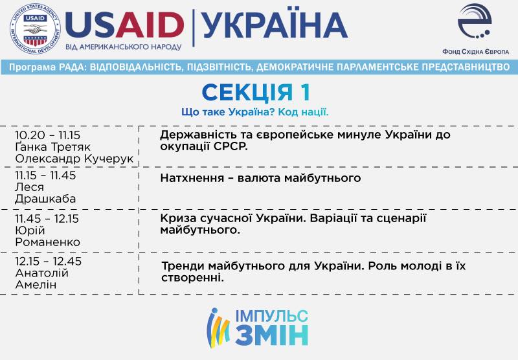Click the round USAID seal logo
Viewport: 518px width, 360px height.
(x=36, y=28)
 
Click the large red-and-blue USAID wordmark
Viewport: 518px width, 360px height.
(x=124, y=25)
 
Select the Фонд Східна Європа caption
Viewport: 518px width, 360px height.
(x=475, y=52)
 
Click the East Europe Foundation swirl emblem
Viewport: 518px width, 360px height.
(x=475, y=21)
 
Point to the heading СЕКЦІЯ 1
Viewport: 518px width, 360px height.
(x=256, y=92)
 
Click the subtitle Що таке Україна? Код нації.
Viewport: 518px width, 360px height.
(x=255, y=112)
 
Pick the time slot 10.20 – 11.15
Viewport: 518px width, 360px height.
(x=47, y=135)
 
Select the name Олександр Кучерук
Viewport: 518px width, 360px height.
(x=74, y=159)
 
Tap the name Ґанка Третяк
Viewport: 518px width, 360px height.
(x=52, y=146)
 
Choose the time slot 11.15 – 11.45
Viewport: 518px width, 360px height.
(x=45, y=175)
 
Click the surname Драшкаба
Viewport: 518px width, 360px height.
(x=45, y=199)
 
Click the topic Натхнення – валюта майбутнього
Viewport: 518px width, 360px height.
(x=260, y=178)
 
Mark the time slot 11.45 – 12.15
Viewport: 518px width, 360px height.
(x=47, y=219)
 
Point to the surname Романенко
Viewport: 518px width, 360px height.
(x=47, y=242)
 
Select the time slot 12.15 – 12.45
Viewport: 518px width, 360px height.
(x=48, y=261)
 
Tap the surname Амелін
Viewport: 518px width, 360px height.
(x=36, y=284)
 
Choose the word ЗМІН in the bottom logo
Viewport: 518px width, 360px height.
(x=272, y=335)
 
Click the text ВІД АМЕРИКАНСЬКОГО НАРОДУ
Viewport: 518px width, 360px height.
(x=123, y=47)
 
